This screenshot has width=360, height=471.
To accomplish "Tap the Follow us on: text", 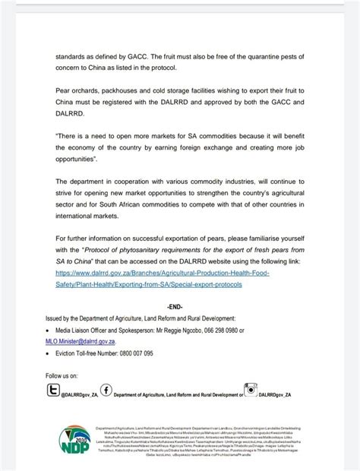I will tap(62, 376).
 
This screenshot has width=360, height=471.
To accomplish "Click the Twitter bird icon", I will tap(53, 390).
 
